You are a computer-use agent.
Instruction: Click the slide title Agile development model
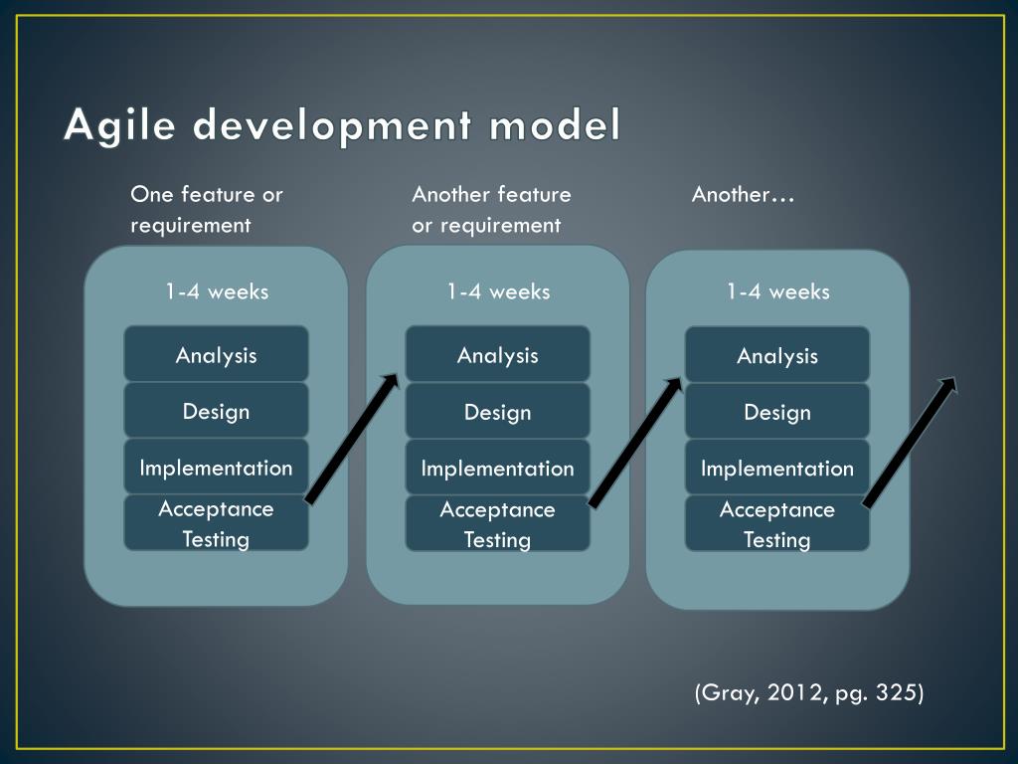coord(342,126)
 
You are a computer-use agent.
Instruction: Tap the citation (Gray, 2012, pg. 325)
coord(809,692)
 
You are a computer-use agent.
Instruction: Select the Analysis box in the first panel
coord(216,354)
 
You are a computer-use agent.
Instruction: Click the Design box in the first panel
coord(216,411)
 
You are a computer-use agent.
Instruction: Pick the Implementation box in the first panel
coord(216,467)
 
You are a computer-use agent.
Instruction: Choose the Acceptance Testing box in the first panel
coord(216,523)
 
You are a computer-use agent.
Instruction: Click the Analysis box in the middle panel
coord(497,354)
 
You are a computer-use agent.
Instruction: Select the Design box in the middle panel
coord(497,411)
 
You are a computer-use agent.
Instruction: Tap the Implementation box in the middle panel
coord(497,468)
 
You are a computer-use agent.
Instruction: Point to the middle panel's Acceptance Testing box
coord(497,524)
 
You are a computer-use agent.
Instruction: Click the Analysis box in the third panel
coord(777,355)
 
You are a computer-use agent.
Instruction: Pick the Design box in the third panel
coord(777,411)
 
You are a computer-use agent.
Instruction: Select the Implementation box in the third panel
coord(777,468)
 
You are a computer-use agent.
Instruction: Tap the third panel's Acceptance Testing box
coord(777,524)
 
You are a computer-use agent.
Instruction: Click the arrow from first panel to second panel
coord(351,439)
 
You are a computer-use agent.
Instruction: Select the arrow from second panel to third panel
coord(635,441)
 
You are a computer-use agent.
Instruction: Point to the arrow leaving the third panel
coord(909,442)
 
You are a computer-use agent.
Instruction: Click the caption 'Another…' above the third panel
coord(743,194)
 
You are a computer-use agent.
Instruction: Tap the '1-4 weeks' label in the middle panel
coord(497,291)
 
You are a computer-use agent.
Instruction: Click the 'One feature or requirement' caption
coord(207,209)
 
